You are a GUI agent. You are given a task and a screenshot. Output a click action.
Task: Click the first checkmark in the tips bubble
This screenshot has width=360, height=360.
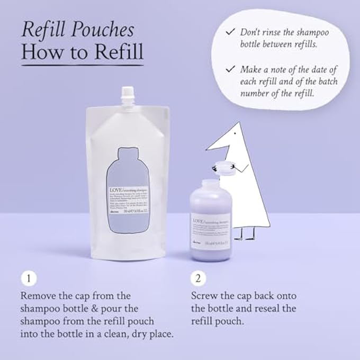point(229,32)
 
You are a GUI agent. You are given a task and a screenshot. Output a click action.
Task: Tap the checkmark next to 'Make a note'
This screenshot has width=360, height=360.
point(229,69)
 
